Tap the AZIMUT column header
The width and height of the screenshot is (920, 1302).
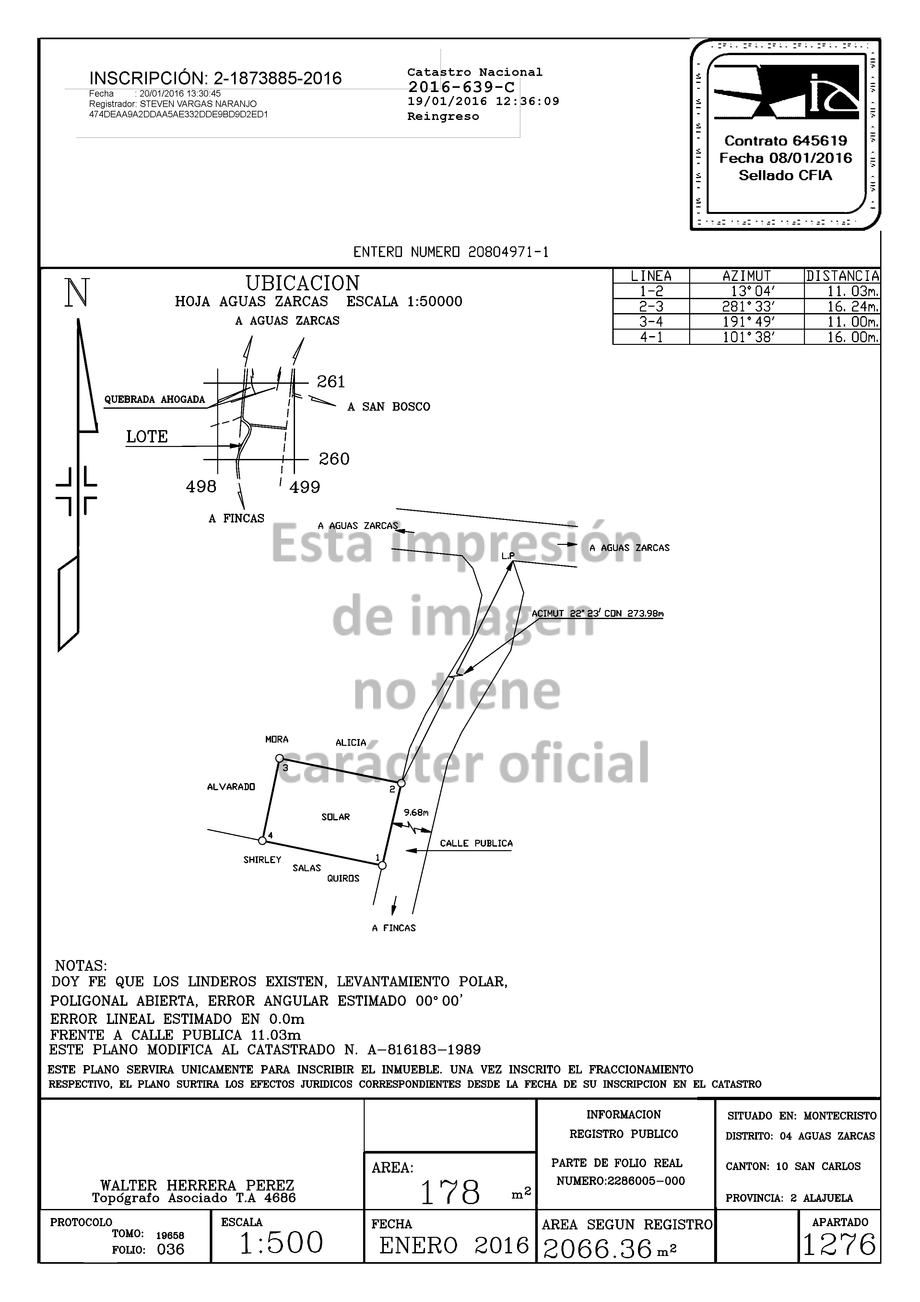(747, 276)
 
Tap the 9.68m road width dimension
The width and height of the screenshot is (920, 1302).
(416, 813)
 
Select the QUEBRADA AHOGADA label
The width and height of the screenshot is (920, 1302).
(154, 399)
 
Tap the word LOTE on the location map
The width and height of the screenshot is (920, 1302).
(147, 437)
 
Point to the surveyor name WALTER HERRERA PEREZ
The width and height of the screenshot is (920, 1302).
(197, 1185)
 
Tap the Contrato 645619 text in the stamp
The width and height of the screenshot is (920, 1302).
(785, 141)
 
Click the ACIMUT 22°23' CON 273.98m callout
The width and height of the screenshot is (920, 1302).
(597, 614)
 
